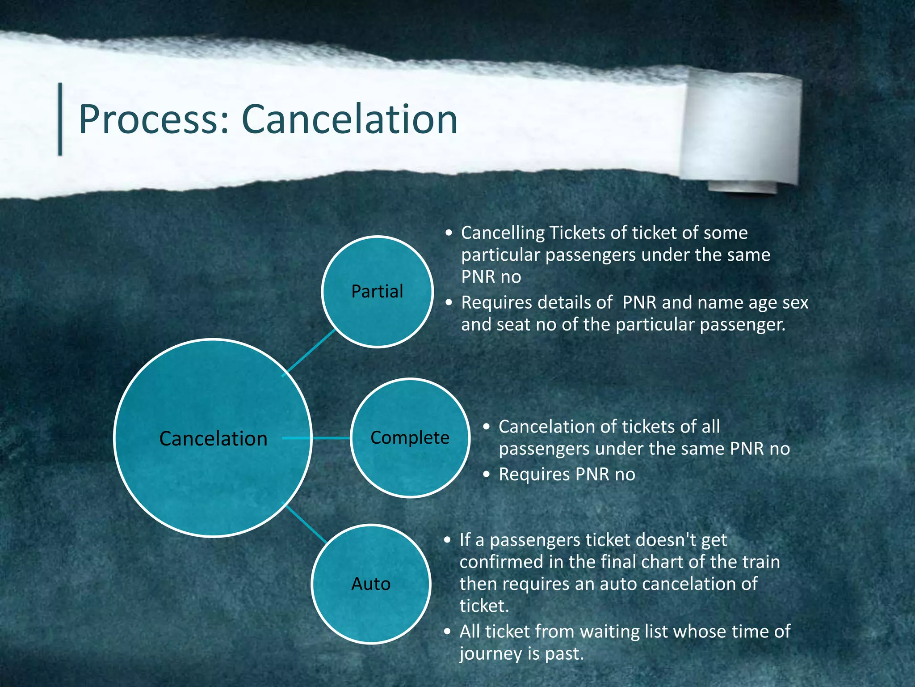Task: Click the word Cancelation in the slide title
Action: pos(349,120)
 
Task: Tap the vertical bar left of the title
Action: pos(60,119)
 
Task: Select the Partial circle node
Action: pos(377,292)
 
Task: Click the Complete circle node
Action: pos(410,438)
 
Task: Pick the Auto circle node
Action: pos(371,584)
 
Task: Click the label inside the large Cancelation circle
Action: pos(213,439)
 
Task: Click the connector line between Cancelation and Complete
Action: pos(331,438)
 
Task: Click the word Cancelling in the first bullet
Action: pos(503,233)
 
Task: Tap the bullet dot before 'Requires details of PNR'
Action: pos(449,303)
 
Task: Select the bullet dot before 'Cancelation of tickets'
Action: pos(487,427)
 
